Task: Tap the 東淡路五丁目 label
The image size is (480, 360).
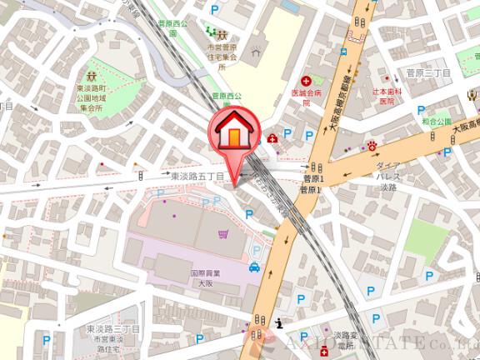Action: [x=197, y=177]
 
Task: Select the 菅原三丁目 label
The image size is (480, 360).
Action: [x=427, y=73]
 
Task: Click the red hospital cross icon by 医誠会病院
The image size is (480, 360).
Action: [x=307, y=84]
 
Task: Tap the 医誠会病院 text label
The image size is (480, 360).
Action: [x=307, y=98]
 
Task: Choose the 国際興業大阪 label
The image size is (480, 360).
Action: [x=203, y=277]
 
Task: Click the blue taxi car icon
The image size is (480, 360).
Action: [x=253, y=267]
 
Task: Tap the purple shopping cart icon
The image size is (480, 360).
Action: [x=222, y=234]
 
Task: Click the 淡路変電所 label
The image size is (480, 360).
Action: [x=339, y=338]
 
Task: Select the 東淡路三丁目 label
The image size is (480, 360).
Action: [x=112, y=331]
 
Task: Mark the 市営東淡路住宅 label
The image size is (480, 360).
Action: [x=108, y=344]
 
